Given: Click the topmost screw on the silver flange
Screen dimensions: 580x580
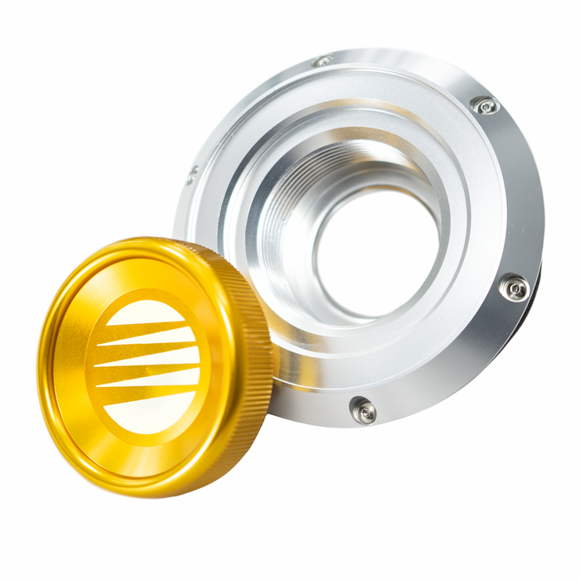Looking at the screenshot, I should (323, 60).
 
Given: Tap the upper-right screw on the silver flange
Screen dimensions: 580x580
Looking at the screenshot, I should (485, 105).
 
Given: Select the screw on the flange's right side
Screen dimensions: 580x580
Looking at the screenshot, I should (515, 288).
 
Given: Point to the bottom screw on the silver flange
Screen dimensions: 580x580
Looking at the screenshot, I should (362, 409).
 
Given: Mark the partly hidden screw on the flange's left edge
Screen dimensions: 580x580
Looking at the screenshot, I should (191, 175).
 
